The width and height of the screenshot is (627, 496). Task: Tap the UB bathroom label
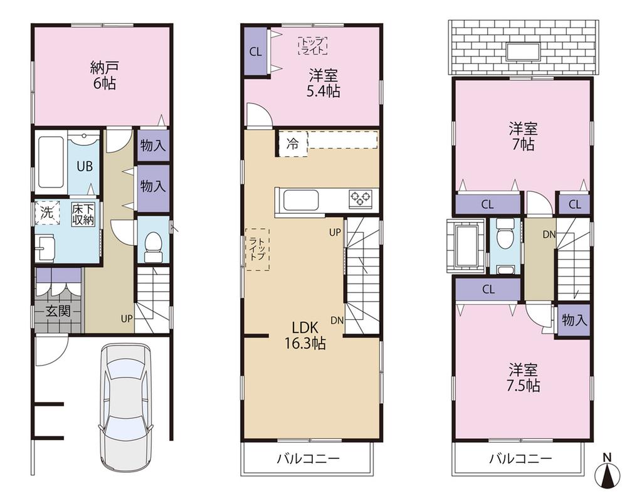click(85, 167)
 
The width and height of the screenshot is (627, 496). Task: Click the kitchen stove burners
click(360, 199)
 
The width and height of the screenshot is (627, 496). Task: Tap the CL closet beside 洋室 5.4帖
click(255, 52)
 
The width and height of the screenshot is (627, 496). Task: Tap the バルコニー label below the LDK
click(308, 459)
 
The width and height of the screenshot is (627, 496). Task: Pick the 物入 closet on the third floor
click(574, 320)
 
